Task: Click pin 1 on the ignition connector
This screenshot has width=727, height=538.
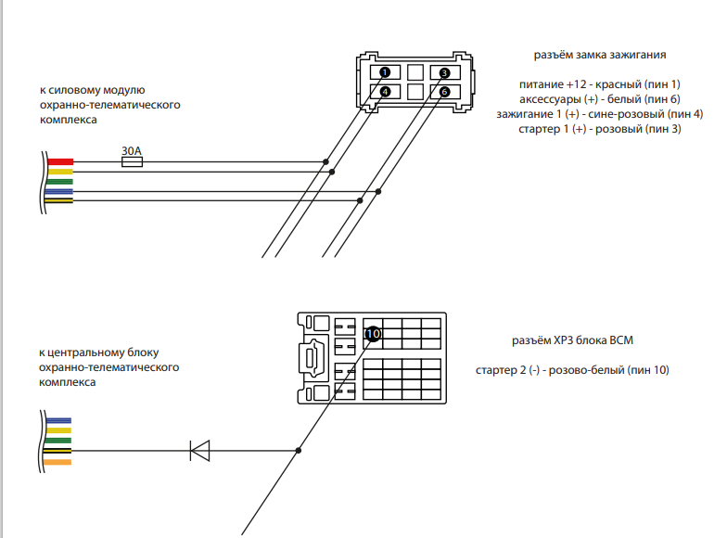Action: click(x=385, y=72)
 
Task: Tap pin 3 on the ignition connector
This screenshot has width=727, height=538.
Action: click(x=444, y=72)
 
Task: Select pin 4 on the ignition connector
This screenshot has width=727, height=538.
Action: click(x=385, y=91)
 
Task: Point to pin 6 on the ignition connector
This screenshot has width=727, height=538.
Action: click(x=444, y=91)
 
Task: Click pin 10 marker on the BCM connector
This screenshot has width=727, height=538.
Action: click(x=373, y=333)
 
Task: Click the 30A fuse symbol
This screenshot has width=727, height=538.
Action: click(x=133, y=161)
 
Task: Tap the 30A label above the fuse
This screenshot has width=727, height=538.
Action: click(x=133, y=149)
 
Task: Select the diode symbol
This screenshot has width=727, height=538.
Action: click(x=199, y=451)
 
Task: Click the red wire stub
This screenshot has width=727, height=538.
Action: click(x=59, y=161)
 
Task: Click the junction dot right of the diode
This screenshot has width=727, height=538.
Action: click(x=298, y=451)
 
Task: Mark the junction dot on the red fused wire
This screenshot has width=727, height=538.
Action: click(x=325, y=161)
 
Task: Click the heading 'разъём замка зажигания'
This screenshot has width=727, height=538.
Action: click(x=600, y=55)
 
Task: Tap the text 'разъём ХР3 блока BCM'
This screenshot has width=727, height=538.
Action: click(x=572, y=340)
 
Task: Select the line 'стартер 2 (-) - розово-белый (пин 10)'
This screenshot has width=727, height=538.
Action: click(x=572, y=370)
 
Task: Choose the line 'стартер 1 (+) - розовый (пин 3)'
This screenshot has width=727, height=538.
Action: click(x=600, y=129)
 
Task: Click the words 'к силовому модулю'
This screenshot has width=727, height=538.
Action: click(x=91, y=90)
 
